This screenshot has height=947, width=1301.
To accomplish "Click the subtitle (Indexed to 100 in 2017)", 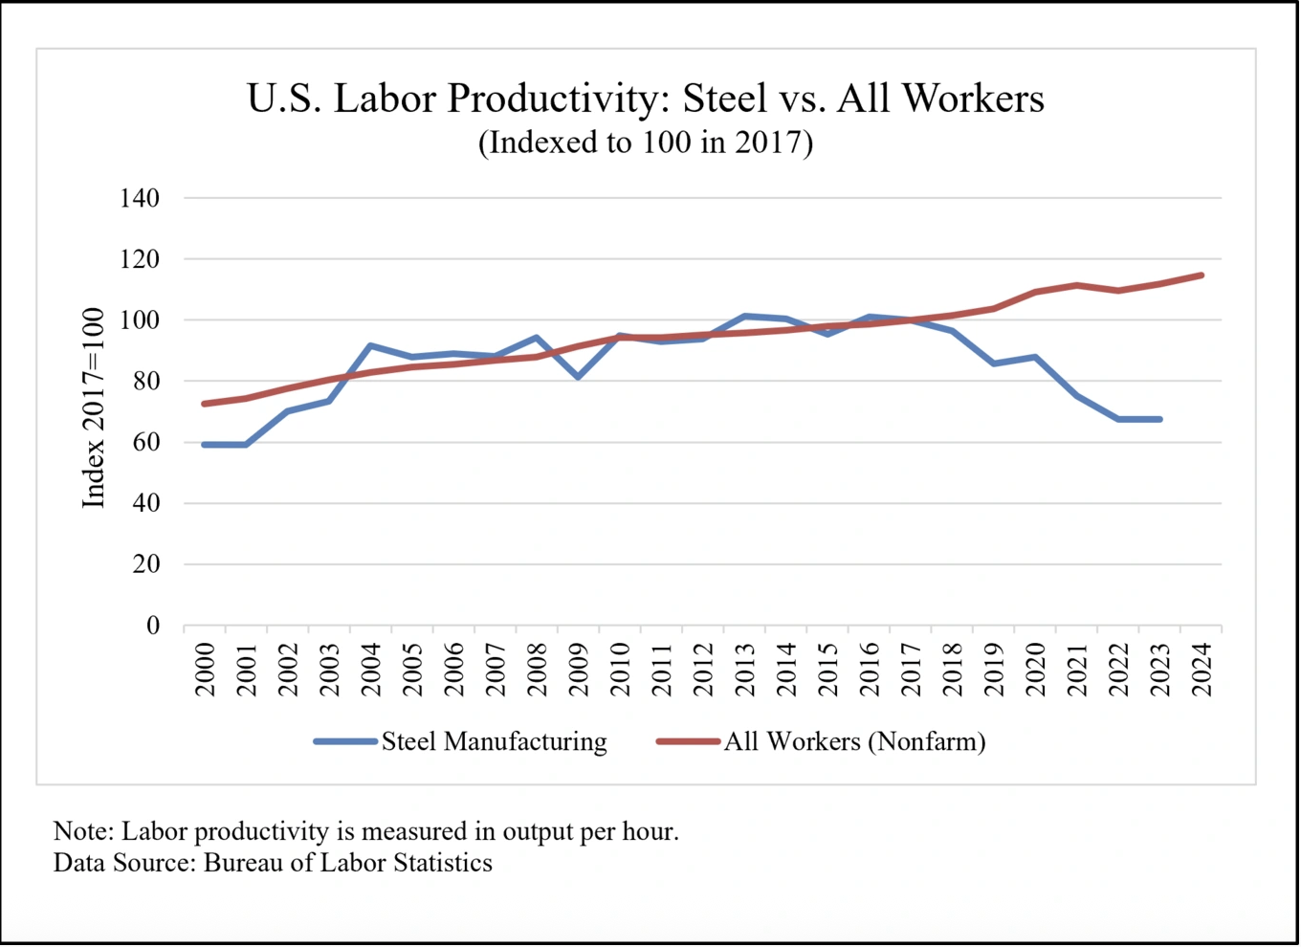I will [x=646, y=143].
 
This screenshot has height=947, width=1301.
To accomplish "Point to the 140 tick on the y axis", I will [x=140, y=199].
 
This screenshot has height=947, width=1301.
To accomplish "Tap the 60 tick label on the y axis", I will [x=146, y=442].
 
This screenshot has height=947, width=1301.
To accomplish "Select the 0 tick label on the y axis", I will [x=153, y=626].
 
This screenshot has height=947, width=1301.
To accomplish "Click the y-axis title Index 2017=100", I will [x=93, y=407].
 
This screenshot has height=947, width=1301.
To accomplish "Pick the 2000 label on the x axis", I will [x=205, y=670].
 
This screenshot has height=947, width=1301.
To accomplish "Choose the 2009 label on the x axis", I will [x=579, y=670].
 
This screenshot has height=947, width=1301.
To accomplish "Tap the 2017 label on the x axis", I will [x=911, y=670].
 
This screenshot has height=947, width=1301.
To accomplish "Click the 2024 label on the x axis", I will [x=1202, y=670].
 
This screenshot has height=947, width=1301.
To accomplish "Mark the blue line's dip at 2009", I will [x=578, y=377].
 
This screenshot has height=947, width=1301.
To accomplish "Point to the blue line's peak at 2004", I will [x=370, y=345].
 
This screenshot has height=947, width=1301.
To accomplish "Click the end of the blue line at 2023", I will [x=1159, y=419].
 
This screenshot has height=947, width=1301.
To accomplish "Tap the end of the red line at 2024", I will [x=1202, y=275].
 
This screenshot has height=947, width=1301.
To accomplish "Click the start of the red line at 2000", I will [x=204, y=404].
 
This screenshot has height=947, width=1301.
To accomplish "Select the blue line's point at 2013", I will [x=744, y=316].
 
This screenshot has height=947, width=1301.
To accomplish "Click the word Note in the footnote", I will [x=82, y=831].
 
